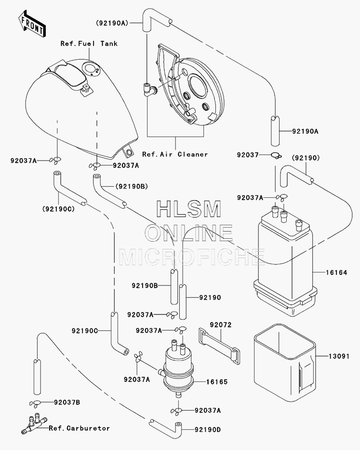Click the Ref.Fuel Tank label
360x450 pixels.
pyautogui.click(x=89, y=43)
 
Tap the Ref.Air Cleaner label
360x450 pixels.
pyautogui.click(x=175, y=154)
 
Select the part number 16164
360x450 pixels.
pyautogui.click(x=336, y=273)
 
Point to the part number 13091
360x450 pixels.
pyautogui.click(x=339, y=356)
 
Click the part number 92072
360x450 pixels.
pyautogui.click(x=221, y=325)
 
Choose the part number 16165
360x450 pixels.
pyautogui.click(x=216, y=382)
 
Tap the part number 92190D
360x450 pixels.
pyautogui.click(x=208, y=430)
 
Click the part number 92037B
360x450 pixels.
pyautogui.click(x=67, y=402)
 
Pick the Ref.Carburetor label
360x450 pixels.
pyautogui.click(x=79, y=428)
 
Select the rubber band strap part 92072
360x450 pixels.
pyautogui.click(x=219, y=346)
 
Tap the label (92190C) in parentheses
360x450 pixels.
pyautogui.click(x=58, y=209)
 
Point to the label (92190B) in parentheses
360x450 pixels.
pyautogui.click(x=132, y=187)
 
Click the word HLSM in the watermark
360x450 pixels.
pyautogui.click(x=189, y=209)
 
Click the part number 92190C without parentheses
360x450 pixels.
pyautogui.click(x=85, y=331)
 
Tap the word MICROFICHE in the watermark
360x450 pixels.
pyautogui.click(x=192, y=257)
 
